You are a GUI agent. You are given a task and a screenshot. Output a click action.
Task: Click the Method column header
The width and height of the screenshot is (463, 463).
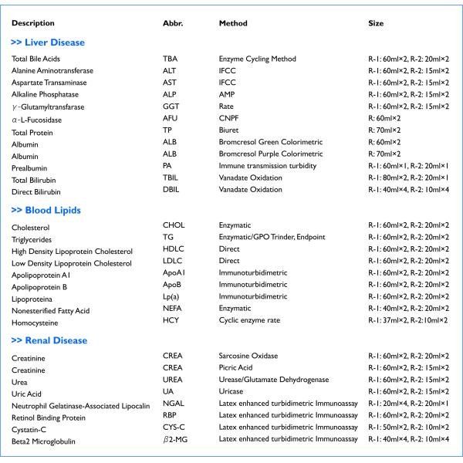[x=233, y=23]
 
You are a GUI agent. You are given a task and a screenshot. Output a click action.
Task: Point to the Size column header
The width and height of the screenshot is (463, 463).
[x=376, y=23]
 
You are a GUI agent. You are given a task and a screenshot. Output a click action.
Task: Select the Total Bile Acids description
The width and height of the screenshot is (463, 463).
[x=35, y=59]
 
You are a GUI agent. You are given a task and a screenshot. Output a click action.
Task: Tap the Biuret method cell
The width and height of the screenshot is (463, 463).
[x=230, y=130]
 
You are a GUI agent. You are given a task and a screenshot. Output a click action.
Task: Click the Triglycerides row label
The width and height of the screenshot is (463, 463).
[x=32, y=240]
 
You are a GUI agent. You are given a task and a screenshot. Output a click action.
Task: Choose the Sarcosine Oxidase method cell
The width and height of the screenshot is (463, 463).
[x=248, y=356]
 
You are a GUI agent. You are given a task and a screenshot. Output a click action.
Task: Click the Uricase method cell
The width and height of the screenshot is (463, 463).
[x=231, y=391]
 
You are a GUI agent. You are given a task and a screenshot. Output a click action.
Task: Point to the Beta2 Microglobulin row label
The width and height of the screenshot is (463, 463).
[x=46, y=441]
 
